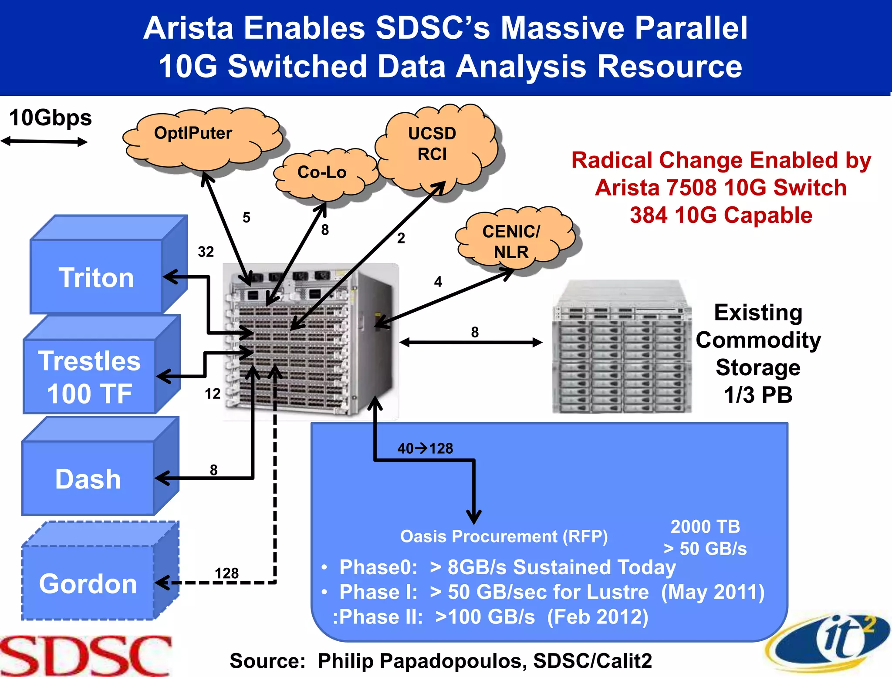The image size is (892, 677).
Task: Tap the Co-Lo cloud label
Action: tap(322, 172)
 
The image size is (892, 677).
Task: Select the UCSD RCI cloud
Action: tap(432, 144)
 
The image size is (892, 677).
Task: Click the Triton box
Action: tap(96, 277)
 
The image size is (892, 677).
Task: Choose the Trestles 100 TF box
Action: tap(89, 377)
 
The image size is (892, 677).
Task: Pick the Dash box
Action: tap(88, 479)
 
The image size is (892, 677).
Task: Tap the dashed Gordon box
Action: tap(88, 583)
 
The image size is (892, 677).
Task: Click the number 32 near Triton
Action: tap(206, 252)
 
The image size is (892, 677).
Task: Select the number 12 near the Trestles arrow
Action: tap(213, 394)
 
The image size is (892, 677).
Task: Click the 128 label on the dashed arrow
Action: tap(226, 573)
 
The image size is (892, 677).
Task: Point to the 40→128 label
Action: tap(425, 448)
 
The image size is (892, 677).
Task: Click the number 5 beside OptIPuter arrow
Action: tap(247, 217)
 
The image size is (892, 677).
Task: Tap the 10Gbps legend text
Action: tap(51, 118)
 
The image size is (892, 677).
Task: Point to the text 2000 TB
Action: tap(705, 526)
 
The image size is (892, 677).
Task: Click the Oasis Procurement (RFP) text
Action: tap(503, 536)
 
